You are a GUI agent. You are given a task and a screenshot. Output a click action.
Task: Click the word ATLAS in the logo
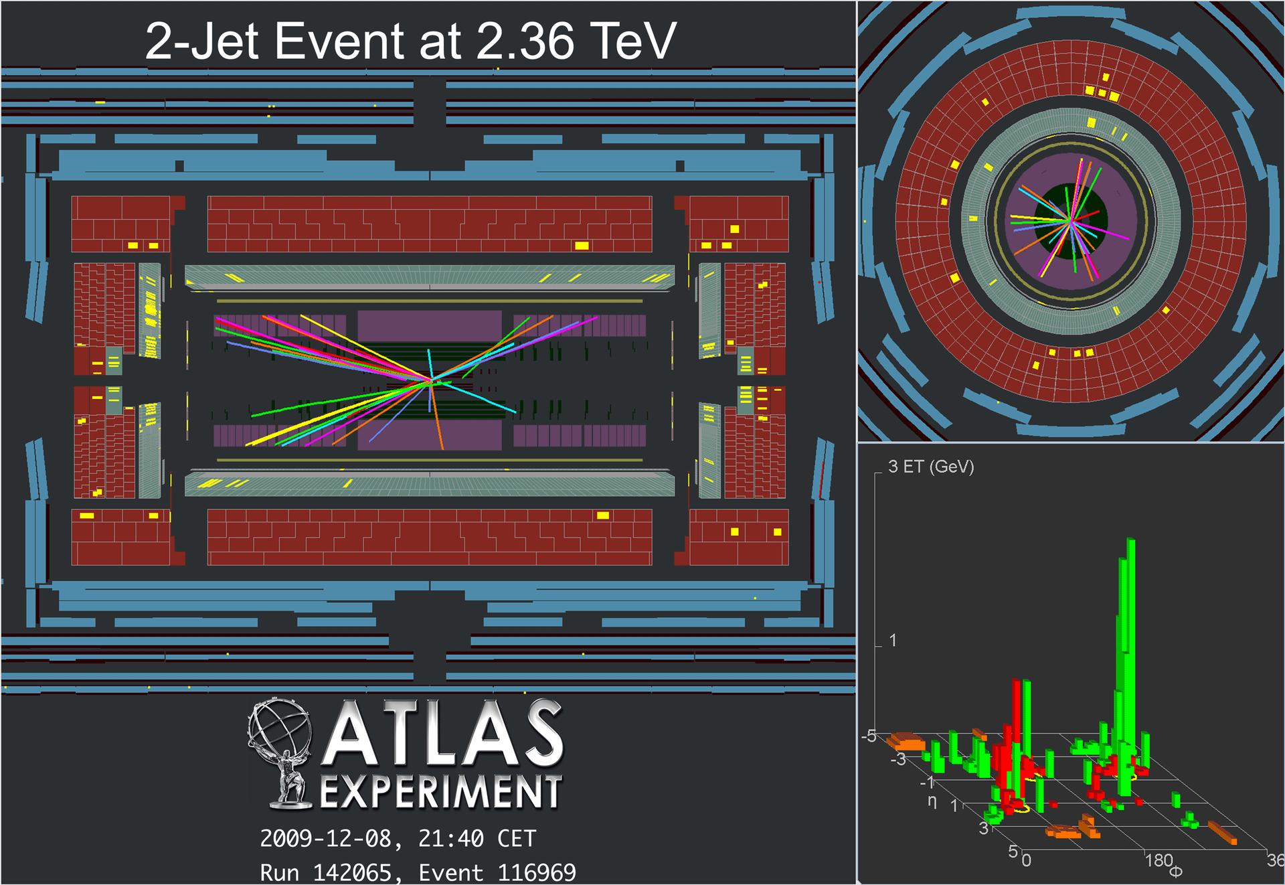[442, 734]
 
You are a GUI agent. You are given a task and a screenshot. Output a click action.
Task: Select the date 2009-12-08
[331, 839]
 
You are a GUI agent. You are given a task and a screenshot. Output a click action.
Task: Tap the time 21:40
[450, 839]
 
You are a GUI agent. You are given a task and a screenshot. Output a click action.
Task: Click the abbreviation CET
[516, 839]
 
